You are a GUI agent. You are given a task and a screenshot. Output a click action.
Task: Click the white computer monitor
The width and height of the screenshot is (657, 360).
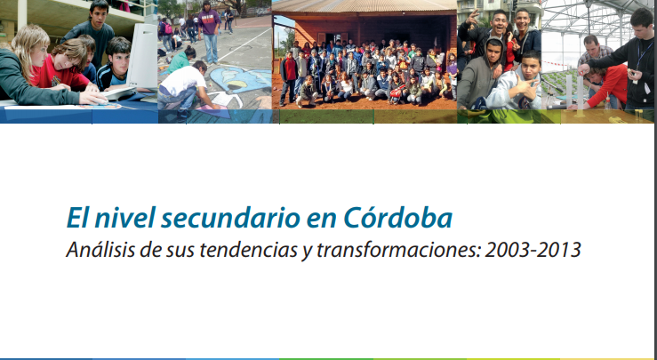click(142, 56)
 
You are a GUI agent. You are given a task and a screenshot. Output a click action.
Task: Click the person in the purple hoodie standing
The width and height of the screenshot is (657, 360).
click(210, 30)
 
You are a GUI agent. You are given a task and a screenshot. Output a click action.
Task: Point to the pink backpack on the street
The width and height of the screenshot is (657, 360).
click(168, 28)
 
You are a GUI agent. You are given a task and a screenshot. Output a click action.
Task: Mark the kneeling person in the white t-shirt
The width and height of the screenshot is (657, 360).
click(183, 89)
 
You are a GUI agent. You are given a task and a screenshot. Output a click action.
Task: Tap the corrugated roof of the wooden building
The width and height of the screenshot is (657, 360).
click(365, 6)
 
